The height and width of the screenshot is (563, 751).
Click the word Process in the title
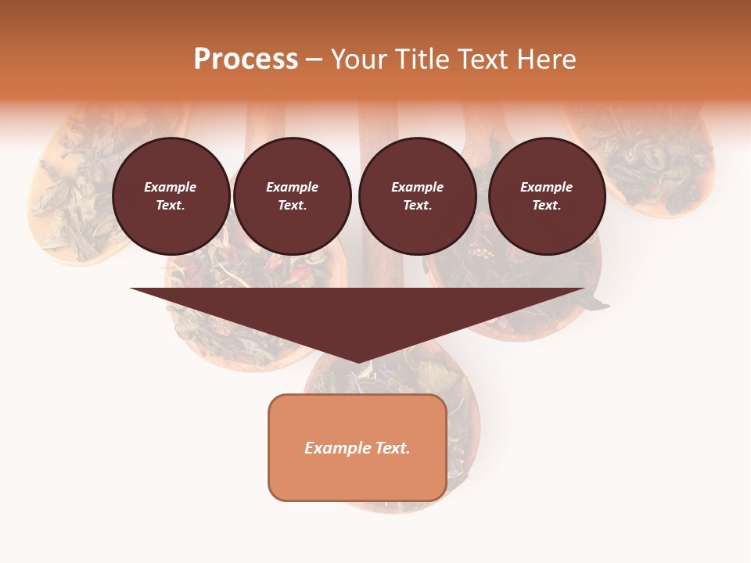coord(246,59)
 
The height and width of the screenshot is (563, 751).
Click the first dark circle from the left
coord(171,196)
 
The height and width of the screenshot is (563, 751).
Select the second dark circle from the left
coord(292,196)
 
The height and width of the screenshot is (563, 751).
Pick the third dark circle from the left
coord(417,196)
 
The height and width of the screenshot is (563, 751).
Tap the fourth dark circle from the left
coord(547,196)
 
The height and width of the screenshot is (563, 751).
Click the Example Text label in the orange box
coord(357,448)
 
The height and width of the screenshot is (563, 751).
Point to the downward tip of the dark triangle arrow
coord(358,361)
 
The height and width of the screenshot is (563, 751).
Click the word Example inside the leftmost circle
coord(171,187)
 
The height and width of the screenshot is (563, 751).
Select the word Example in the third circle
coord(417,187)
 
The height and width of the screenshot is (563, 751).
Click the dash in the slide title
coord(314,60)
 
